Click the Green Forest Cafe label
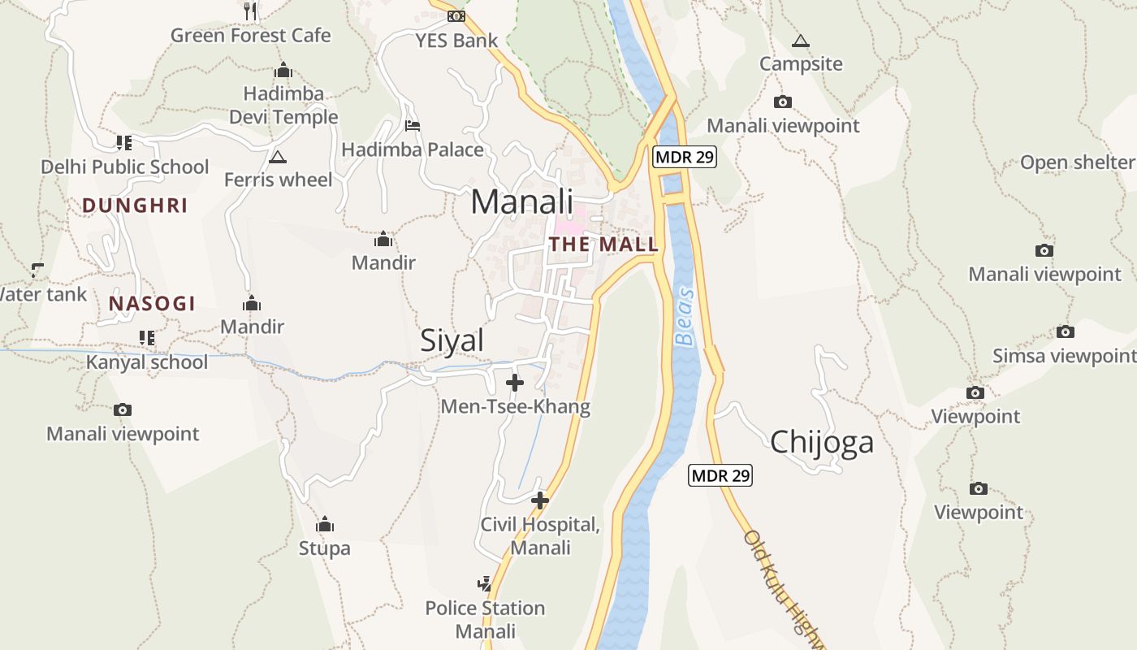tap(251, 36)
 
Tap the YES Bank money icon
tap(456, 15)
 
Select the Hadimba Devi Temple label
tap(283, 106)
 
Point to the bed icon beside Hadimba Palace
tap(413, 126)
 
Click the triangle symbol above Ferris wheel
tap(278, 157)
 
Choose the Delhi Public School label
tap(125, 167)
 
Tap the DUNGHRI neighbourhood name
tap(135, 206)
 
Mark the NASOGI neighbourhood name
tap(153, 304)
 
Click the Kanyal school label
tap(147, 362)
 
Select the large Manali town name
tap(522, 202)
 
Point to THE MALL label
tap(603, 245)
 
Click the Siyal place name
tap(452, 341)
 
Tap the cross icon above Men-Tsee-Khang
tap(515, 382)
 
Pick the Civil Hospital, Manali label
tap(540, 536)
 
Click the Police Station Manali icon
tap(485, 583)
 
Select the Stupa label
tap(325, 548)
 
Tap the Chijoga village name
tap(822, 442)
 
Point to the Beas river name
tap(686, 316)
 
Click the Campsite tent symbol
tap(801, 41)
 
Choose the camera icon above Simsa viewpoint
tap(1066, 331)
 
